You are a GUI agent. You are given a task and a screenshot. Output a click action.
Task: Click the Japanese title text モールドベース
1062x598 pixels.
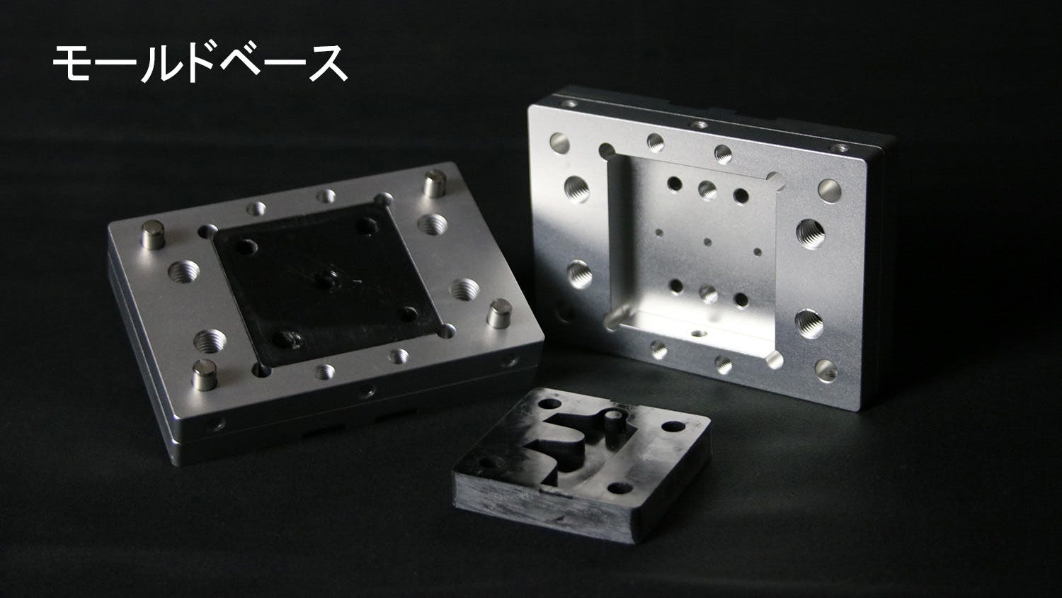click(x=200, y=63)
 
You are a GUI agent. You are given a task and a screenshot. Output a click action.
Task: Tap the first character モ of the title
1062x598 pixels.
click(x=72, y=63)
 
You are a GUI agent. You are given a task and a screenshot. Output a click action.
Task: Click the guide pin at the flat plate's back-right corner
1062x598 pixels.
click(x=434, y=184)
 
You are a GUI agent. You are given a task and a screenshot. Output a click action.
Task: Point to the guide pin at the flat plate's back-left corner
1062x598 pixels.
click(x=153, y=235)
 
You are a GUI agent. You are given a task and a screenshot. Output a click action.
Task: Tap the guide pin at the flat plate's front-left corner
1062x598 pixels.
click(x=205, y=375)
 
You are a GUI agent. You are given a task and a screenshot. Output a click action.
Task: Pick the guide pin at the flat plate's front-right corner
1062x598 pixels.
click(x=499, y=313)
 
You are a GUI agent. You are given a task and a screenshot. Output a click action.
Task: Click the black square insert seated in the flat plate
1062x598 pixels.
click(x=327, y=285)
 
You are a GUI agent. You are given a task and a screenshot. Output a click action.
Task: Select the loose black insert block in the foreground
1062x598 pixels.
click(x=582, y=463)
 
